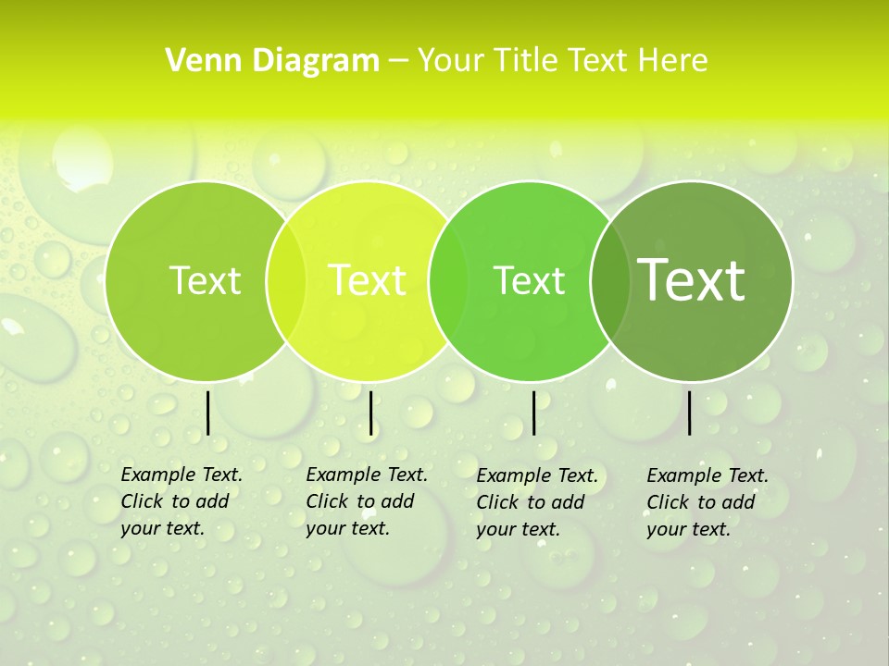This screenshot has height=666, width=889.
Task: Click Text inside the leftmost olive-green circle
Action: [x=205, y=280]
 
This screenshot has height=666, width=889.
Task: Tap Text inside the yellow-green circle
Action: [x=367, y=280]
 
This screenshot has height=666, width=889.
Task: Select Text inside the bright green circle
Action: [x=529, y=280]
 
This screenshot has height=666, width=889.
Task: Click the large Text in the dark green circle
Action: [x=691, y=280]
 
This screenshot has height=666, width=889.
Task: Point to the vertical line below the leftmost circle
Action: [x=208, y=413]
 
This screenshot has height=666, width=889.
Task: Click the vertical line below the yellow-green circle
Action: [x=370, y=413]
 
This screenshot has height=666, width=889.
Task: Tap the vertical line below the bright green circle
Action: [x=533, y=413]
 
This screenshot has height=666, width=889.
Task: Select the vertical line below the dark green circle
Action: [x=690, y=413]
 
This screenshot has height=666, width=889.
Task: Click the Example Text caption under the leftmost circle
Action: [x=181, y=501]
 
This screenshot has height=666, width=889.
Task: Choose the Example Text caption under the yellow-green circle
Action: [x=366, y=501]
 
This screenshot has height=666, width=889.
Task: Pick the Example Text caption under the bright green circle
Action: [x=536, y=502]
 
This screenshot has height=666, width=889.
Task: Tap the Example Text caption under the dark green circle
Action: [x=707, y=502]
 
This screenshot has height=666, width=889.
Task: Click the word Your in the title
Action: [x=451, y=60]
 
